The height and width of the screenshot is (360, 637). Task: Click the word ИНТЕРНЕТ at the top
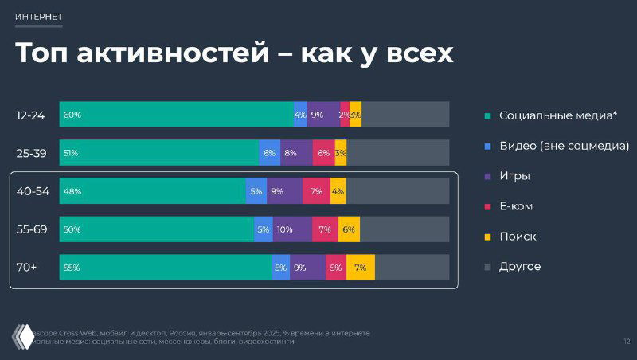pos(39,16)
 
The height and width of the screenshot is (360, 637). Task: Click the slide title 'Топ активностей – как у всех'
pos(234,53)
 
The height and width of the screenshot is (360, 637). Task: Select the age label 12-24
pos(30,115)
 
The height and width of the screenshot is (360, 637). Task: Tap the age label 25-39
pos(31,153)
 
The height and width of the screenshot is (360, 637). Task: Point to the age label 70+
pos(27,267)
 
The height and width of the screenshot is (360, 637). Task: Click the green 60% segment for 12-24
pos(176,115)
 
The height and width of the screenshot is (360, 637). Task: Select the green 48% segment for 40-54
pos(152,191)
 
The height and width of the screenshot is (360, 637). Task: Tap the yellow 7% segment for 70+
pos(360,268)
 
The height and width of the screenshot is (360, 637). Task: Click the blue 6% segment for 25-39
pos(269,153)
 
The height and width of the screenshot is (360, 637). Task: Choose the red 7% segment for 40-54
pos(316,191)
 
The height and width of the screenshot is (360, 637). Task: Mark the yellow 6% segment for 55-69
pos(349,229)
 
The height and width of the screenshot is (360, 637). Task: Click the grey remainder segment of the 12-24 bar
pos(405,115)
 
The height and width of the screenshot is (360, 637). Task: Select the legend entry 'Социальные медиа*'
pos(558,115)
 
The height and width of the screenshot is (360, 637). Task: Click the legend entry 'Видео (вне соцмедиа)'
pos(564,146)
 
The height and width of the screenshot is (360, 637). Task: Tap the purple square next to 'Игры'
pos(488,176)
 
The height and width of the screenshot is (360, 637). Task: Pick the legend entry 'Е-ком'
pos(516,206)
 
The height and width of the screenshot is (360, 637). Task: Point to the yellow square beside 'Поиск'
pos(488,237)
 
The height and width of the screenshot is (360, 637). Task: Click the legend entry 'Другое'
pos(519,267)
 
